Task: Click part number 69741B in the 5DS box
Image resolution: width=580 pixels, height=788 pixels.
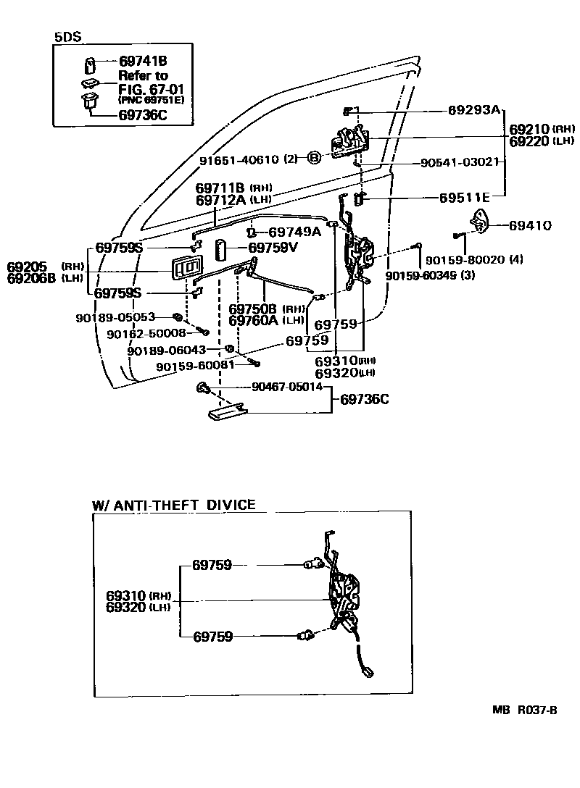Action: (143, 62)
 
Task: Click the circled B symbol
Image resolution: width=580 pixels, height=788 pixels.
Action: (314, 158)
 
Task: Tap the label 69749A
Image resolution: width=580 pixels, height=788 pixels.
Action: (294, 232)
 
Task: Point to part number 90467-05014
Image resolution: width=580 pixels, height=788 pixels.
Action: (287, 387)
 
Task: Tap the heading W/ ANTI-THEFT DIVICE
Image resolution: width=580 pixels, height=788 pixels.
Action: (174, 505)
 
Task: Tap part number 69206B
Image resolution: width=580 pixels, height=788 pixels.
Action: (31, 278)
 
